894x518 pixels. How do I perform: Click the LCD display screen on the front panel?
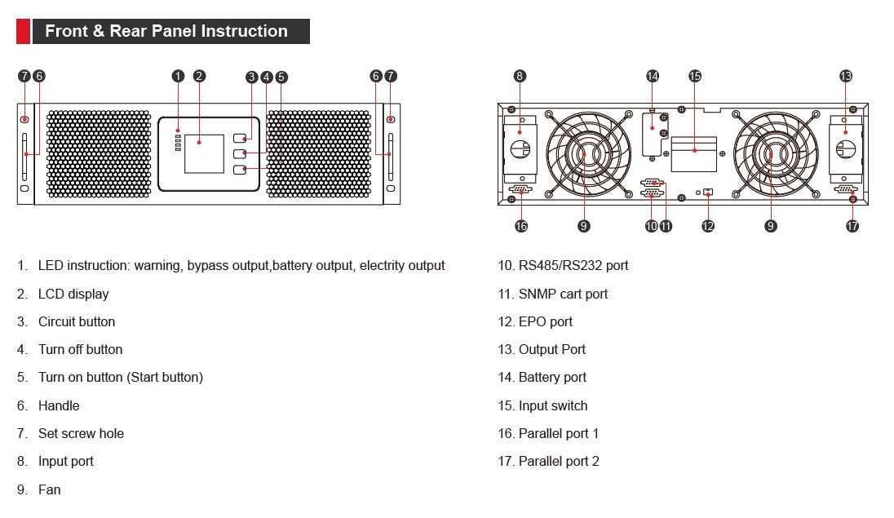203,153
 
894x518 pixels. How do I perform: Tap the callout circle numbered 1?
178,77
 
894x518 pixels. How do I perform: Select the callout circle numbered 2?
199,77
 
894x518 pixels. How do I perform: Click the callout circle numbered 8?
520,76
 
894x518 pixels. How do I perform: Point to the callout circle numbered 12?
707,226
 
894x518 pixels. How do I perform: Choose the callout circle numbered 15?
694,76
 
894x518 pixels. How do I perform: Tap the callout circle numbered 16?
521,226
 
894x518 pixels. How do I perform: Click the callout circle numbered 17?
852,226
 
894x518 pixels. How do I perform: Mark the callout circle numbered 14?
652,76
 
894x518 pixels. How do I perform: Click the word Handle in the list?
59,405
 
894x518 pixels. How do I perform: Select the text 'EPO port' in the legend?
546,321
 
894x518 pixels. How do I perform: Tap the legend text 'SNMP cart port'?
563,294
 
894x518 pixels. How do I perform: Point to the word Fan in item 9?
49,489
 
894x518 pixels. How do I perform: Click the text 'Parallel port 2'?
559,461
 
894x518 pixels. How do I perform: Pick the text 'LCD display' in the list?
73,294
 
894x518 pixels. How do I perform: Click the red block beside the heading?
23,32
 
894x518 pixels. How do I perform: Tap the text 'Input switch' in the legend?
553,405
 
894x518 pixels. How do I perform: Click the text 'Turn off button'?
80,349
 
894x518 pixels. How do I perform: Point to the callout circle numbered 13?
845,76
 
